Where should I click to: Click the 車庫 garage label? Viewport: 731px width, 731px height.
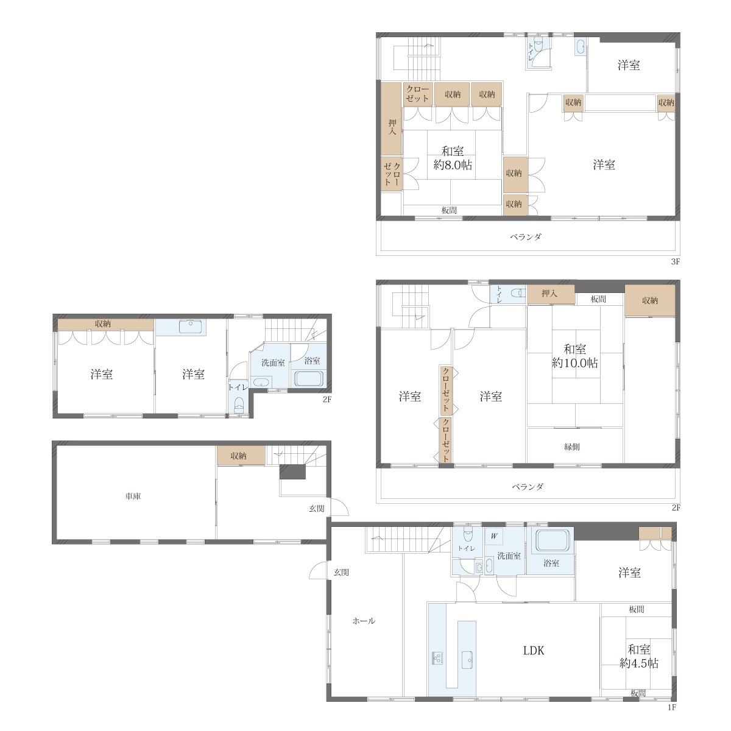click(133, 496)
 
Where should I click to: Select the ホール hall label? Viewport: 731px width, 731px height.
click(364, 621)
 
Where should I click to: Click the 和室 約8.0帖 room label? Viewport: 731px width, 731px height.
click(453, 158)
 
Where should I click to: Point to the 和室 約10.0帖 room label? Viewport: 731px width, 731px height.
click(574, 356)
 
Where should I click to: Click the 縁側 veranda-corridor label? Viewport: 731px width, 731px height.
click(571, 447)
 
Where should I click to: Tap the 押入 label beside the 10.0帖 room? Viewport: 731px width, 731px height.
click(549, 293)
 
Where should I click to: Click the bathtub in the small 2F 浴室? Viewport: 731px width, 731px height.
click(309, 378)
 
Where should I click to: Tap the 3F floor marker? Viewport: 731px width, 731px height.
click(675, 261)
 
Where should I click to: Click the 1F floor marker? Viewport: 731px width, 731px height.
click(672, 707)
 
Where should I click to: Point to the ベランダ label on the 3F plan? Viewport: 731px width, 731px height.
click(526, 237)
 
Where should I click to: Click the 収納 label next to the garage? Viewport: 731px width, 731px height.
click(239, 456)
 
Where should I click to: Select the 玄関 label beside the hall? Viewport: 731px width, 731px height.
click(341, 573)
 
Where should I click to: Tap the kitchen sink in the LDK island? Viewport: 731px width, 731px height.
click(467, 660)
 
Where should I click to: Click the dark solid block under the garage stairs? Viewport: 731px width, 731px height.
click(292, 471)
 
